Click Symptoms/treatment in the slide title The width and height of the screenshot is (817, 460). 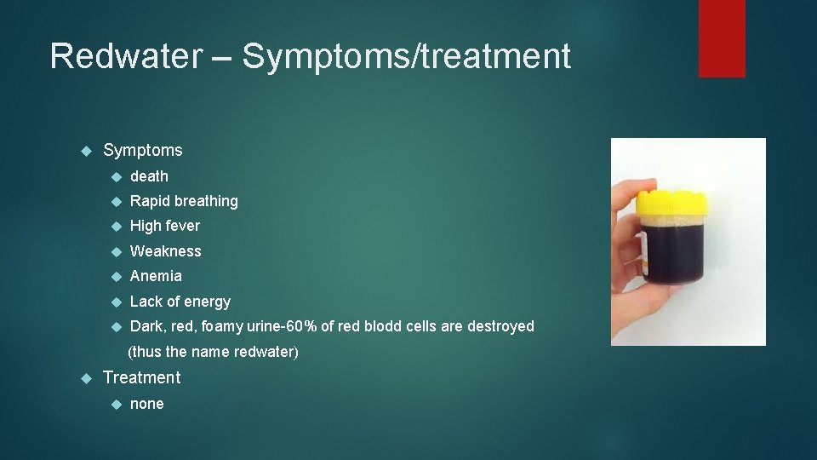(x=406, y=57)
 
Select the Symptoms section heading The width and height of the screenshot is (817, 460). (x=142, y=151)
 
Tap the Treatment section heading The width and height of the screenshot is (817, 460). (x=141, y=377)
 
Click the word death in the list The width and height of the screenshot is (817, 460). (x=149, y=176)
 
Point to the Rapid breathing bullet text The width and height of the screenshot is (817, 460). (x=184, y=201)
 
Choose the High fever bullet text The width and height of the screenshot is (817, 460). (x=165, y=226)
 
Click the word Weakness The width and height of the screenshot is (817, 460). (x=166, y=251)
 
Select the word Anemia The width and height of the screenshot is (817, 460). (x=156, y=276)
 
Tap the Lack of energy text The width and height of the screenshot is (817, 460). (x=180, y=302)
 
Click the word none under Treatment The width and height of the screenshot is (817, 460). (x=146, y=404)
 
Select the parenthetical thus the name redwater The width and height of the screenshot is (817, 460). (x=213, y=352)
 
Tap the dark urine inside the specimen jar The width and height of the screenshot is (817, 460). (x=672, y=256)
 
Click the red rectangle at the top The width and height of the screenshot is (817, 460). (x=722, y=38)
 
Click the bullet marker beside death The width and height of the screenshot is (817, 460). (x=117, y=176)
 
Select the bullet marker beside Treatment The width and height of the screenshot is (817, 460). (x=85, y=377)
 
